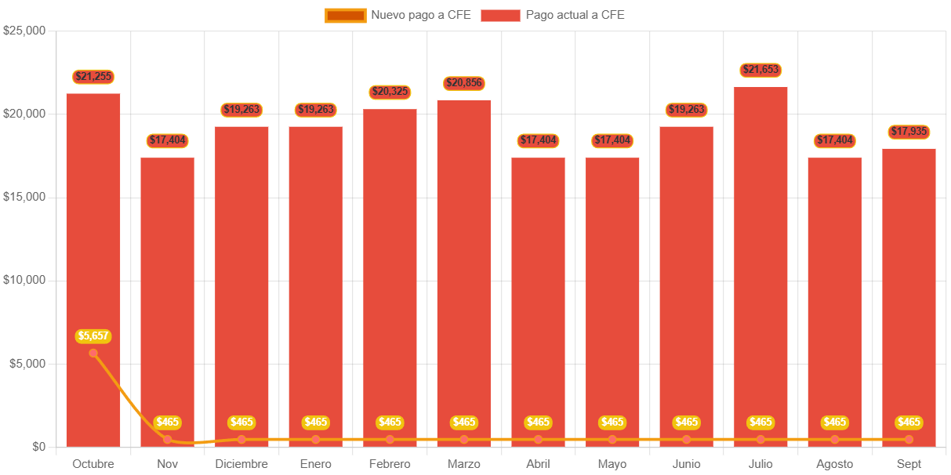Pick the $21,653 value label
point(760,70)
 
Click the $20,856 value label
point(464,82)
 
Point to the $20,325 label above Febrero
point(390,92)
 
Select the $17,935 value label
point(909,131)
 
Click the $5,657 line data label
point(93,335)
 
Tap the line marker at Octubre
point(93,353)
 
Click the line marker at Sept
point(909,440)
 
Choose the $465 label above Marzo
point(464,422)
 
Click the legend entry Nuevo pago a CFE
point(397,15)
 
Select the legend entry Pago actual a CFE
point(553,15)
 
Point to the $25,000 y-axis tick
point(24,31)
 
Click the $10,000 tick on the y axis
point(24,280)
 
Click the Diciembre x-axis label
point(241,464)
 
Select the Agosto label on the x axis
point(834,464)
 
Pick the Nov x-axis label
point(167,464)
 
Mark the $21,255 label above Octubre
point(93,76)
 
